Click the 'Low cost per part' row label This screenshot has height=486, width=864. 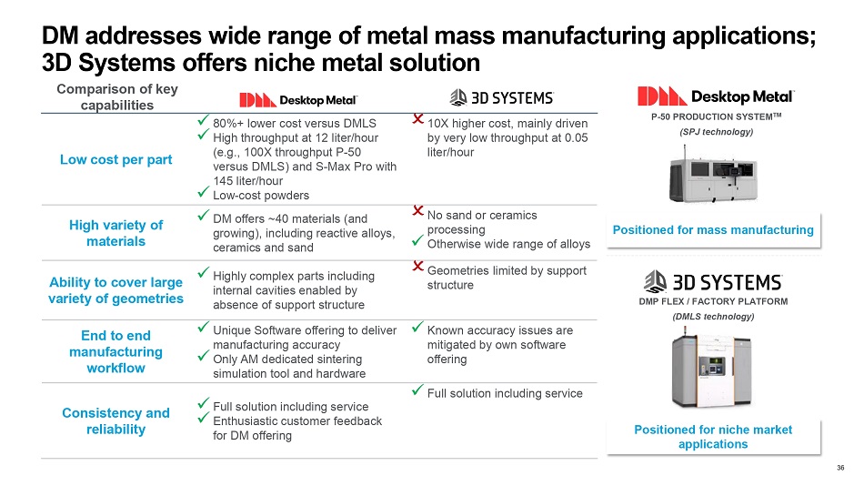point(116,160)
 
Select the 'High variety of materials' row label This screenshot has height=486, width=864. point(116,233)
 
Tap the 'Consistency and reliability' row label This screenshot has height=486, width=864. point(116,420)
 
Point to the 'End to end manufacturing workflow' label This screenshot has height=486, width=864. point(116,352)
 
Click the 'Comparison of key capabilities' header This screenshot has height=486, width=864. point(116,96)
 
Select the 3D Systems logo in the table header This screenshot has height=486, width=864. point(502,97)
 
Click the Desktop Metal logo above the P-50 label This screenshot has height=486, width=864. point(716,96)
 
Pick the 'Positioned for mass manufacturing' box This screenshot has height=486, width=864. point(712,230)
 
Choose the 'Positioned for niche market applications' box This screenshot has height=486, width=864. point(712,437)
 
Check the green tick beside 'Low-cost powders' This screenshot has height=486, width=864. point(204,194)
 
